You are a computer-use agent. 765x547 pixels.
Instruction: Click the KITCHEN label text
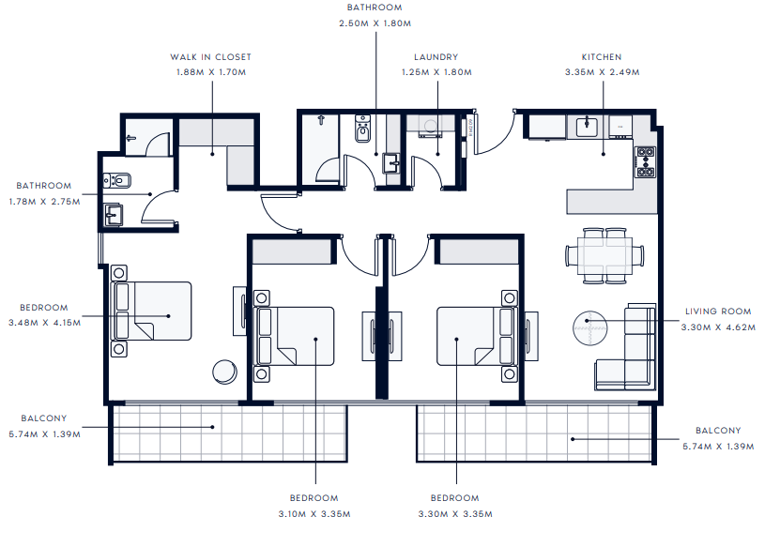pyautogui.click(x=602, y=57)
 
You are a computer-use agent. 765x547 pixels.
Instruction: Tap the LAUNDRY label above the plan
pyautogui.click(x=436, y=57)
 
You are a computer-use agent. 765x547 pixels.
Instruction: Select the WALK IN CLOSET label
pyautogui.click(x=211, y=57)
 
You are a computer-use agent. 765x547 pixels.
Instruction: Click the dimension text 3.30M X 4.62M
pyautogui.click(x=718, y=327)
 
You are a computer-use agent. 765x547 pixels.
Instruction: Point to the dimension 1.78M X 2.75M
pyautogui.click(x=44, y=202)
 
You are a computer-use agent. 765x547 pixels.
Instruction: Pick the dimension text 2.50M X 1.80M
pyautogui.click(x=375, y=23)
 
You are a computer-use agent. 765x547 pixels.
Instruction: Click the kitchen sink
pyautogui.click(x=587, y=127)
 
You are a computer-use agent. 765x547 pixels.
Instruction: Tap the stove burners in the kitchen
pyautogui.click(x=646, y=161)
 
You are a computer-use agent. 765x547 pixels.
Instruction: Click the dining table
pyautogui.click(x=605, y=255)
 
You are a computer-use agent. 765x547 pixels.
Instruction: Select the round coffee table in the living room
pyautogui.click(x=589, y=328)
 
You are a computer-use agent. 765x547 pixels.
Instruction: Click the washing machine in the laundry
pyautogui.click(x=430, y=126)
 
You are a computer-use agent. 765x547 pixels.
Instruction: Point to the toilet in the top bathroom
pyautogui.click(x=362, y=129)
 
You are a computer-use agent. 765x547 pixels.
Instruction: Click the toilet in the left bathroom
pyautogui.click(x=117, y=181)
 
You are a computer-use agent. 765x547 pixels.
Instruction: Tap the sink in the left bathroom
pyautogui.click(x=114, y=215)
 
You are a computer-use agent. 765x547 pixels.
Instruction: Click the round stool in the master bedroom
pyautogui.click(x=225, y=372)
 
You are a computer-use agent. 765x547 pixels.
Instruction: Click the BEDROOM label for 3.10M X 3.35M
pyautogui.click(x=314, y=498)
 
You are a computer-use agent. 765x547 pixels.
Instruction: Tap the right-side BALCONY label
pyautogui.click(x=718, y=431)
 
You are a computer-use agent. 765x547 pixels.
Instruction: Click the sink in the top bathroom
pyautogui.click(x=391, y=163)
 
